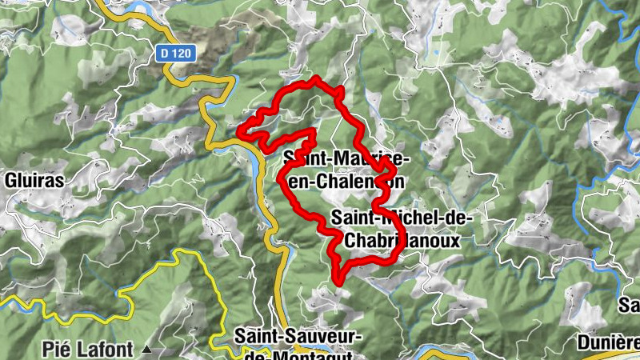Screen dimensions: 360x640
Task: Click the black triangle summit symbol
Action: [146, 350]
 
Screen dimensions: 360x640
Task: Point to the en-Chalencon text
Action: [344, 182]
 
